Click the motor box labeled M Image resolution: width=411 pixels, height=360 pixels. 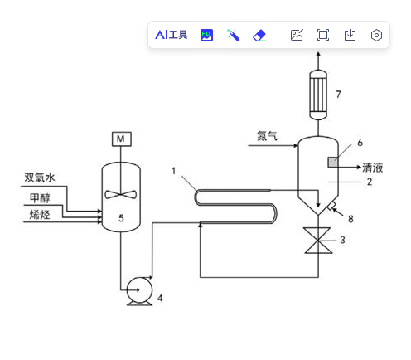[x=122, y=139]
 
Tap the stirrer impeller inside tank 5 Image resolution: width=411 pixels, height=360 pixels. [x=121, y=194]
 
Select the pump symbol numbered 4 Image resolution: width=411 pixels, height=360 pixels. [x=139, y=291]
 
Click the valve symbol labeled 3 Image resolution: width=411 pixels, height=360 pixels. [x=318, y=241]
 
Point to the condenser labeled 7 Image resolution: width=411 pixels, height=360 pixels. [x=318, y=95]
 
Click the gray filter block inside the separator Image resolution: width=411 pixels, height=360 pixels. [x=333, y=162]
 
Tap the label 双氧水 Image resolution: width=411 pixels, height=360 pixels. [x=40, y=178]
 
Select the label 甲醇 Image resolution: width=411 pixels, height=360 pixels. [x=40, y=198]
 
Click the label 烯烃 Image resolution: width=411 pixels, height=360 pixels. [x=40, y=215]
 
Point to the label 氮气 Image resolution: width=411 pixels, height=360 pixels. [x=267, y=136]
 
